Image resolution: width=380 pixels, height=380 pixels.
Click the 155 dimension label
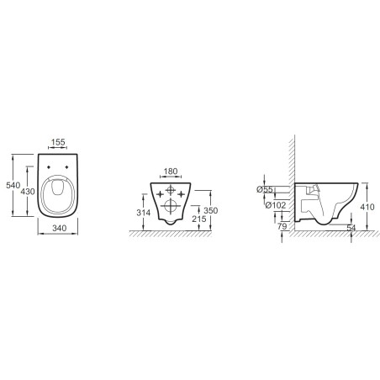click(x=58, y=142)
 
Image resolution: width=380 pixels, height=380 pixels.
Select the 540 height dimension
click(x=13, y=185)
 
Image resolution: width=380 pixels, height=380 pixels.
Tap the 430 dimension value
click(x=28, y=192)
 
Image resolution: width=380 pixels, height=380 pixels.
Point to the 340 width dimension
click(x=60, y=228)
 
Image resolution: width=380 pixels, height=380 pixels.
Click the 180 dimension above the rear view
click(x=171, y=172)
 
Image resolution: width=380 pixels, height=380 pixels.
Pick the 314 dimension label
click(x=144, y=213)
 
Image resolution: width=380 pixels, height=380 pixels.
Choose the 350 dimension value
click(x=211, y=210)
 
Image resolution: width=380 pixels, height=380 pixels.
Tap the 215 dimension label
click(x=199, y=219)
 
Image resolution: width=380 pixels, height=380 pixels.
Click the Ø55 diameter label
click(x=265, y=190)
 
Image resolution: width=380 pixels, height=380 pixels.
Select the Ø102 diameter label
click(x=276, y=205)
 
